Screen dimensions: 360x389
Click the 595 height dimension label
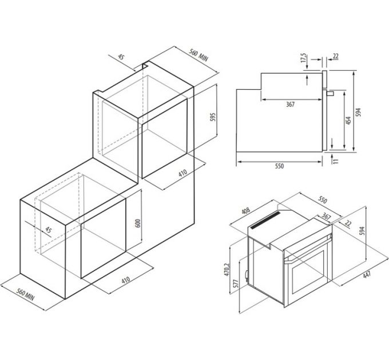[212, 118]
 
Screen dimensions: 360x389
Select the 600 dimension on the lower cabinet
[137, 223]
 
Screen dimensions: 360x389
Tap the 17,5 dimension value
[303, 59]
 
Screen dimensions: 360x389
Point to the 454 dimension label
[347, 121]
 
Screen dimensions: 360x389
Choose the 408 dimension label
[247, 210]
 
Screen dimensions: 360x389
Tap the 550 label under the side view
[279, 166]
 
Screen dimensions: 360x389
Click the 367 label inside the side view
[290, 104]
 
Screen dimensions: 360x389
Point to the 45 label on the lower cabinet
[48, 230]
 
